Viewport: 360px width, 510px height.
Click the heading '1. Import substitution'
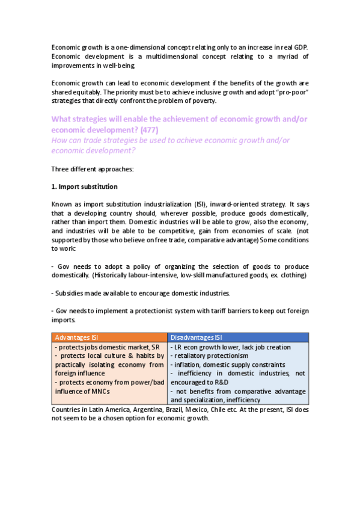point(84,186)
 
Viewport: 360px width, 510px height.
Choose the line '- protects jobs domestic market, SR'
point(107,348)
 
